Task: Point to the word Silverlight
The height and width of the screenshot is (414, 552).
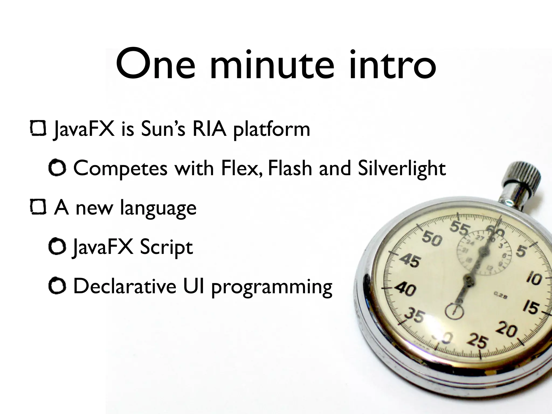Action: (402, 168)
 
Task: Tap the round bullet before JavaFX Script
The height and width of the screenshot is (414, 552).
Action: (57, 247)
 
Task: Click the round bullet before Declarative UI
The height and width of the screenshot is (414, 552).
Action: (57, 286)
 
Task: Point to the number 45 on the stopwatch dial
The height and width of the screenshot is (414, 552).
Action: (410, 261)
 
